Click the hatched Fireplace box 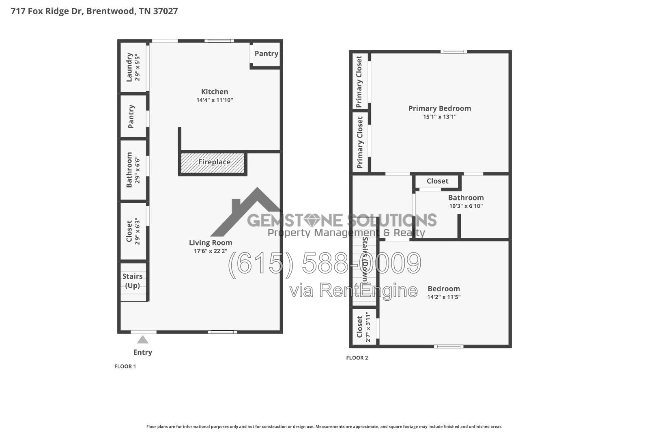tap(213, 163)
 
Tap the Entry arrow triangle tap(142, 339)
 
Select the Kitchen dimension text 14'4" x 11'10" tap(215, 100)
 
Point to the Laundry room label tap(129, 67)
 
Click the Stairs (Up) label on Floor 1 tap(132, 280)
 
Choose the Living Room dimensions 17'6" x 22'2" tap(211, 251)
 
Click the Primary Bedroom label tap(440, 108)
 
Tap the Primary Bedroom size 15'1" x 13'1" tap(440, 117)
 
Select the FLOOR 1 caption tap(125, 366)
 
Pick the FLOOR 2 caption tap(357, 358)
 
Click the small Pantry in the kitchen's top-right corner tap(266, 54)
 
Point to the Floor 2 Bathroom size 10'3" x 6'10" tap(466, 206)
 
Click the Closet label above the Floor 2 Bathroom tap(437, 181)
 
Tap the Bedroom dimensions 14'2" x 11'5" tap(444, 297)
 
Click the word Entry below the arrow tap(142, 352)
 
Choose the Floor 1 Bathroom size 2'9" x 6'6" tap(138, 170)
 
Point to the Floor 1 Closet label tap(129, 231)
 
